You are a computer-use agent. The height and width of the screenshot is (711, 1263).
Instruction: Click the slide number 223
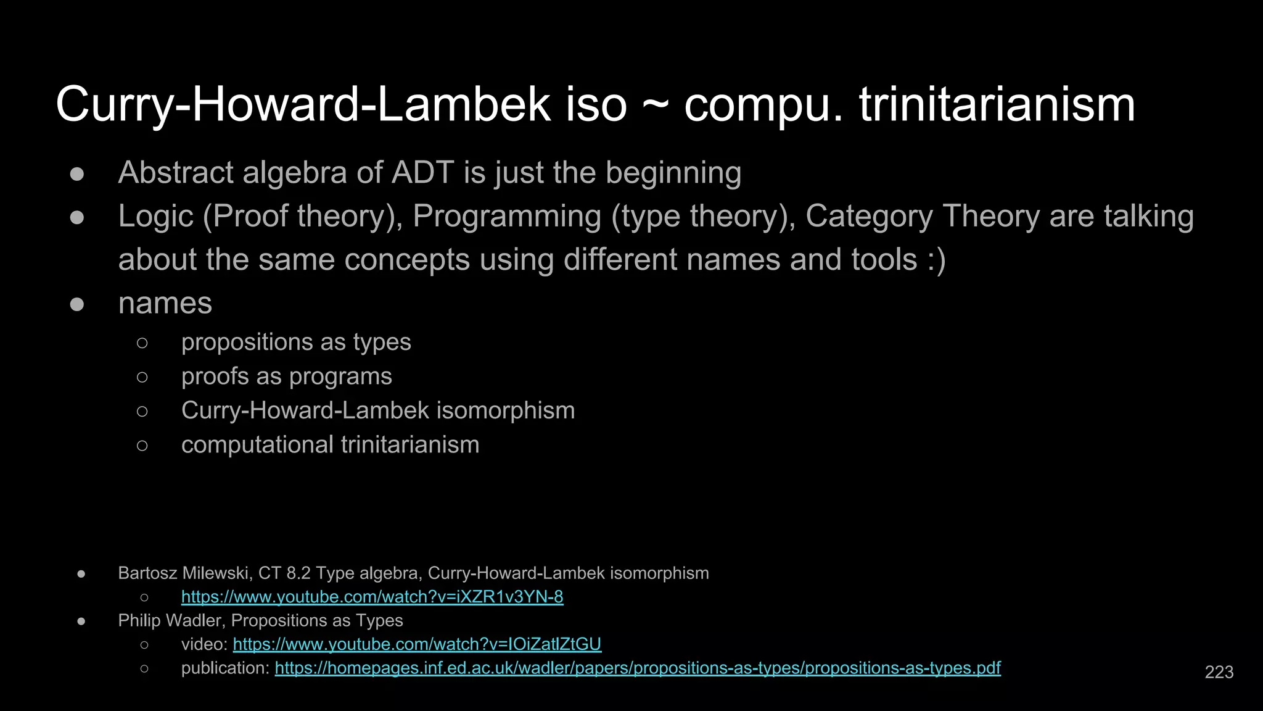pyautogui.click(x=1219, y=672)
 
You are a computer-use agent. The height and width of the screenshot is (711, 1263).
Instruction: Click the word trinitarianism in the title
pyautogui.click(x=997, y=105)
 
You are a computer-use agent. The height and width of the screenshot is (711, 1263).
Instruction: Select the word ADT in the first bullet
pyautogui.click(x=422, y=172)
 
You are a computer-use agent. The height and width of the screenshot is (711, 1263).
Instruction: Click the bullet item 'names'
pyautogui.click(x=165, y=304)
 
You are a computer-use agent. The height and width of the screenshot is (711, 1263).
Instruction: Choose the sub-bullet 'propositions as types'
pyautogui.click(x=296, y=342)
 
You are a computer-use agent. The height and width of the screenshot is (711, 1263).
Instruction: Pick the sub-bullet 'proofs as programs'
pyautogui.click(x=286, y=376)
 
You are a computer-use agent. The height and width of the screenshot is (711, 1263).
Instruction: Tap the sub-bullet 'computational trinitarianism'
pyautogui.click(x=330, y=445)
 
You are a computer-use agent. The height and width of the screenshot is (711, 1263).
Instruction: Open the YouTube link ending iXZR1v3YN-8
pyautogui.click(x=372, y=597)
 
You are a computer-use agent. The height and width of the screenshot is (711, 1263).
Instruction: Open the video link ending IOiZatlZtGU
pyautogui.click(x=417, y=644)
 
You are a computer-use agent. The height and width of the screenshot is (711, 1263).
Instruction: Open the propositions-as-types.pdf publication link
pyautogui.click(x=637, y=668)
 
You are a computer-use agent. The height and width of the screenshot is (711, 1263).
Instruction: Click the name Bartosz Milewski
pyautogui.click(x=183, y=573)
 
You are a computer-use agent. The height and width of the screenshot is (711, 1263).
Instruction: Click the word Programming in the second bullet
pyautogui.click(x=507, y=217)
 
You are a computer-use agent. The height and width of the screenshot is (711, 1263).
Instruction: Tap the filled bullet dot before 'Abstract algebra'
pyautogui.click(x=77, y=174)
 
